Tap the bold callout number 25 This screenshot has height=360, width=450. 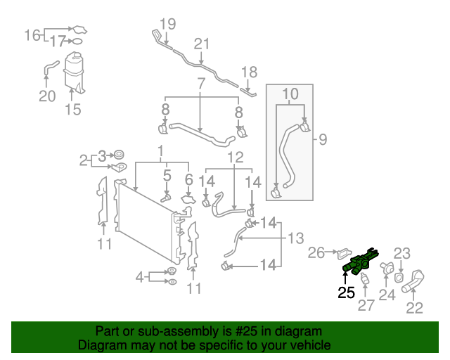[347, 292]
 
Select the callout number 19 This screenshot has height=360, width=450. [166, 24]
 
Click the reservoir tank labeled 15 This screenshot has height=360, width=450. [73, 70]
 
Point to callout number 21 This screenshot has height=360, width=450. [202, 44]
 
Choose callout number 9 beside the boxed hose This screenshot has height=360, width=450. [323, 139]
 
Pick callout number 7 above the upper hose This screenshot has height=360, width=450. [201, 84]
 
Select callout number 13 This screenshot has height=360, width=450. [295, 237]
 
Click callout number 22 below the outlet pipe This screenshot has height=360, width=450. [415, 307]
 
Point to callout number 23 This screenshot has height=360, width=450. [401, 253]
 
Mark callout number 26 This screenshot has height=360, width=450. [317, 252]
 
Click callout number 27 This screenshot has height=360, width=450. [367, 305]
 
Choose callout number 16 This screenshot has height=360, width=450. [33, 34]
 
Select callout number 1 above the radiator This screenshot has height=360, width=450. [160, 150]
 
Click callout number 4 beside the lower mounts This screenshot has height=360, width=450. [140, 275]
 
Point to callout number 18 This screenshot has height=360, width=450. [250, 71]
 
